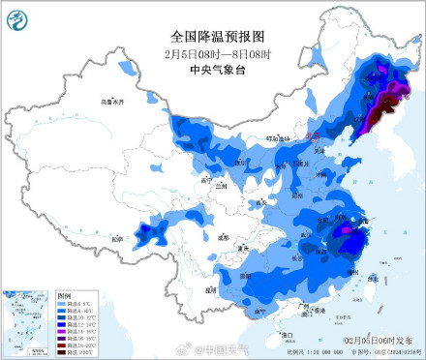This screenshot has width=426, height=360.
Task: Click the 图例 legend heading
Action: pos(64,293)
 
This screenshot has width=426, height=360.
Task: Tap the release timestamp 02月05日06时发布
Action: pos(380,341)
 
